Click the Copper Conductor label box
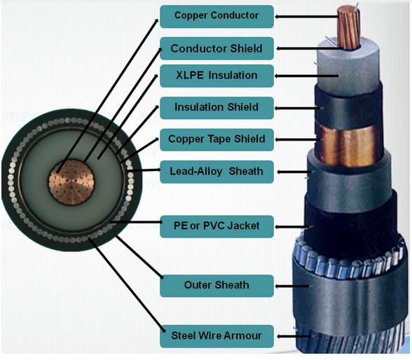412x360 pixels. click(216, 15)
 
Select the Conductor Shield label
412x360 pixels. click(216, 49)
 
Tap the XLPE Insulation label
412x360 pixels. click(216, 76)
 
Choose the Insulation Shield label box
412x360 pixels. click(216, 108)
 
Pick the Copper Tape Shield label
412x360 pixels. click(216, 139)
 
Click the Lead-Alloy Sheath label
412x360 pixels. click(216, 172)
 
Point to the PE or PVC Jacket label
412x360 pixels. click(216, 226)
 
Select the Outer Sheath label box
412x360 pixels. click(216, 286)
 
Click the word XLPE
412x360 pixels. click(188, 76)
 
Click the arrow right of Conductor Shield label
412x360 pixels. click(298, 49)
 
